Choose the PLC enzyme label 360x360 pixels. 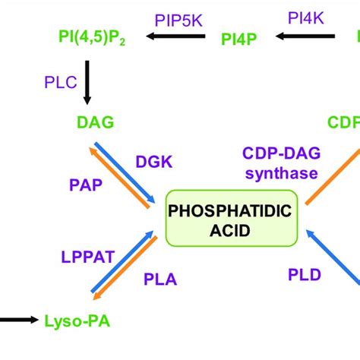62,81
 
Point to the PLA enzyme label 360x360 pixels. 159,279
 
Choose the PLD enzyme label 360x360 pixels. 304,273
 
